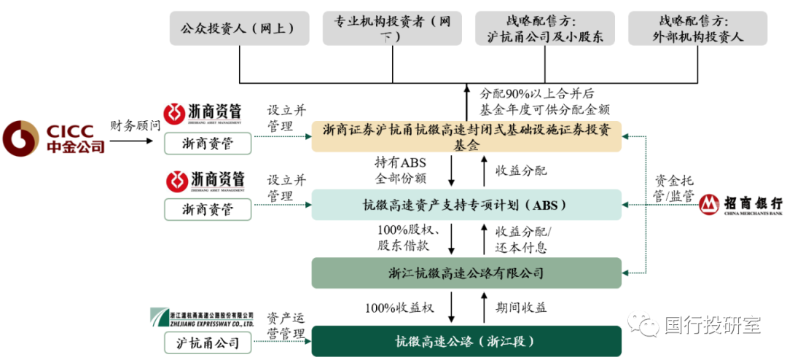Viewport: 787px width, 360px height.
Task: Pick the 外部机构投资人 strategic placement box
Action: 697,28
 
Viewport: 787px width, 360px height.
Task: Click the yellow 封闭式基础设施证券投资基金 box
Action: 466,136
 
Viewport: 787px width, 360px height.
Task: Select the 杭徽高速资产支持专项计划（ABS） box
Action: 466,205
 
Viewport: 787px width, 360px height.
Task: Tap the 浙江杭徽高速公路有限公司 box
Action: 466,273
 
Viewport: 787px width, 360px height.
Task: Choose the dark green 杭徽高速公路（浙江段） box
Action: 466,341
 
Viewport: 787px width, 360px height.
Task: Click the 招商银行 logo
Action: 741,206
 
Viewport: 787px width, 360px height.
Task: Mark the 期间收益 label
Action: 521,307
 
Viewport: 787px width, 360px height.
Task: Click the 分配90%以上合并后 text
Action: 537,94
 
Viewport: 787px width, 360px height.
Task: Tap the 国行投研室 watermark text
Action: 712,324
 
